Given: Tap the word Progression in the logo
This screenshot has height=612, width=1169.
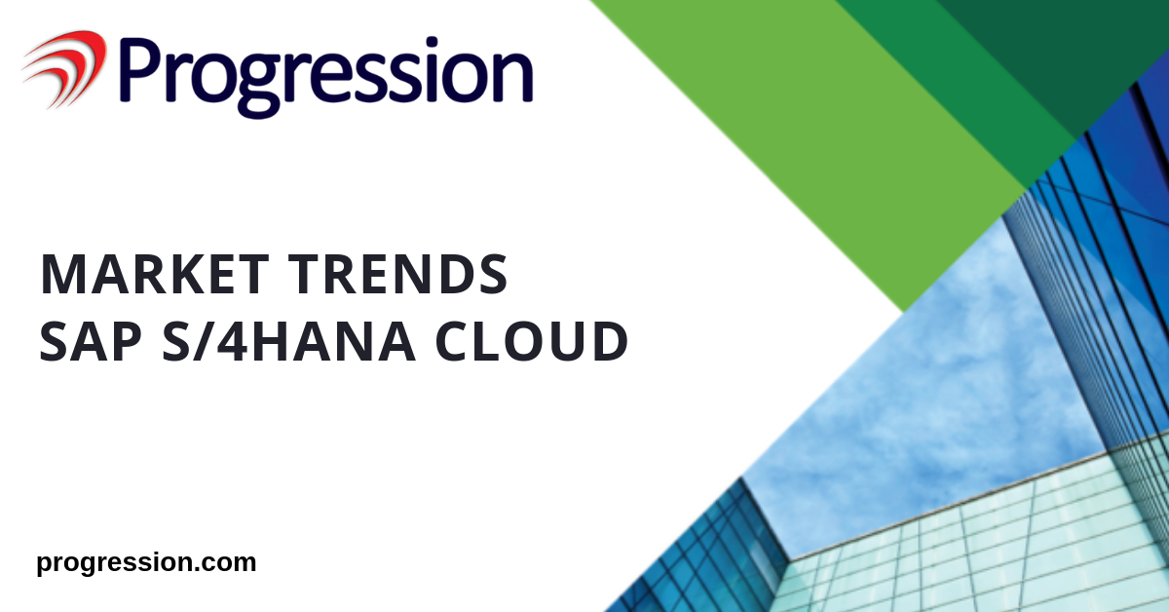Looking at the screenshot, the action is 326,75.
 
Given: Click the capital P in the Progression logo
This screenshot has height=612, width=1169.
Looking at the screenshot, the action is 139,68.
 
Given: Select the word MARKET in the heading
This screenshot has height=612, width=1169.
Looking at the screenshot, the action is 155,274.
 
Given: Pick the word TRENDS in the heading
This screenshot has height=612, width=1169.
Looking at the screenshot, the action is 398,274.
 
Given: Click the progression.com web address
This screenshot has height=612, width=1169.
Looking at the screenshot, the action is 147,563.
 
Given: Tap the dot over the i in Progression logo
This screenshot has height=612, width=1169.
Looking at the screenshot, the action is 432,41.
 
